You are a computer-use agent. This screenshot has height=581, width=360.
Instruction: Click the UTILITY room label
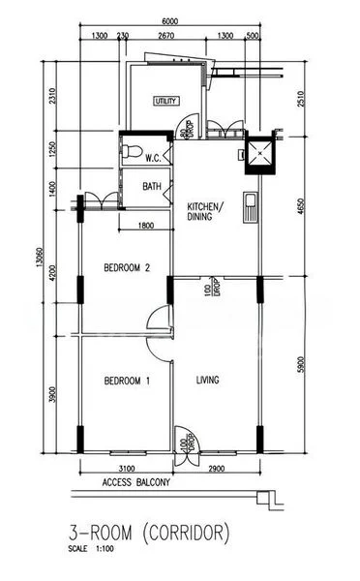point(167,101)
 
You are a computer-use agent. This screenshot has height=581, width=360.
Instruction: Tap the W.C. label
point(153,157)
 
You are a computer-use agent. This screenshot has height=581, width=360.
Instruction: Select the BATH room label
point(152,186)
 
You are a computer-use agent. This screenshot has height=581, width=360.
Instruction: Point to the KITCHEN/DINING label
point(205,212)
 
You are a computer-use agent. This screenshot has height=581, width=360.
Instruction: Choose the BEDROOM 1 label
point(126,381)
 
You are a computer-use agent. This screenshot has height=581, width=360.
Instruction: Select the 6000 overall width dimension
point(170,22)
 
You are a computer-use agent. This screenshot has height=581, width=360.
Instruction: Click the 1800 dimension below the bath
point(146,227)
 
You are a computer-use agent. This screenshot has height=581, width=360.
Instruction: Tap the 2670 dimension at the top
point(165,36)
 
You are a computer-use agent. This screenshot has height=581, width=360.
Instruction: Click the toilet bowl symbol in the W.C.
point(131,152)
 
